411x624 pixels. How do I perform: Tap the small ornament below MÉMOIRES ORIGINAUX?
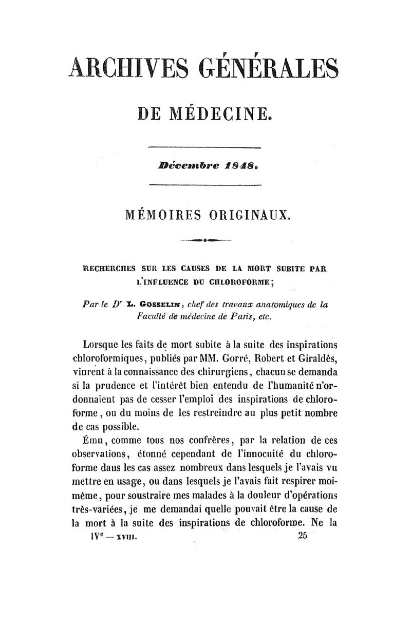[205, 239]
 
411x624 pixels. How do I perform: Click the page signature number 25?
[302, 536]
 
